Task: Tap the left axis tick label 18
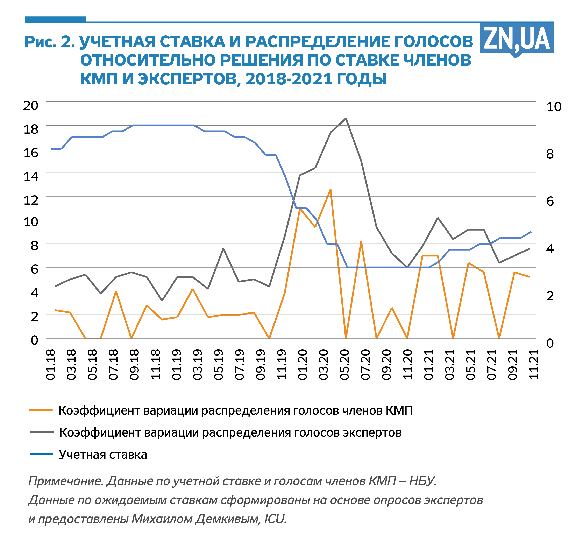point(31,129)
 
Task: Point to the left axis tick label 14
point(31,176)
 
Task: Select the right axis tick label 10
point(554,107)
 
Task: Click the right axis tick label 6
point(550,201)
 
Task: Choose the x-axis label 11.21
point(533,364)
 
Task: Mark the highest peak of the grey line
point(346,119)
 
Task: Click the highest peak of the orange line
point(330,190)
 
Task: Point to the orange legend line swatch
point(41,410)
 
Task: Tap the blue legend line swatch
point(41,454)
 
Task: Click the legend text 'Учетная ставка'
point(103,455)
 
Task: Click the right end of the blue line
point(531,232)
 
